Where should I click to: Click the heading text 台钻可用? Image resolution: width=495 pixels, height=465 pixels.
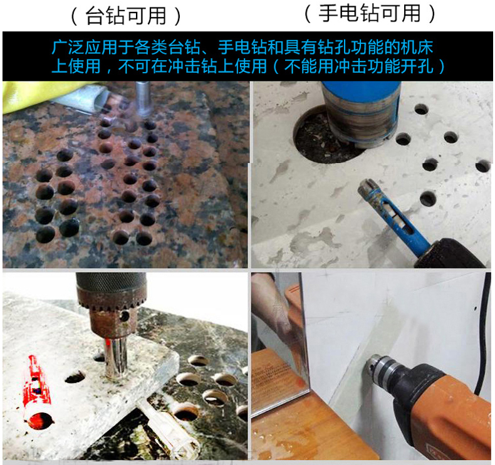point(127,16)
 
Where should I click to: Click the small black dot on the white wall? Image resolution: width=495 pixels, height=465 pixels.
point(476,308)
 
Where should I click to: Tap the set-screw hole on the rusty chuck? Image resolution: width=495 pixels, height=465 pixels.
point(125,316)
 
